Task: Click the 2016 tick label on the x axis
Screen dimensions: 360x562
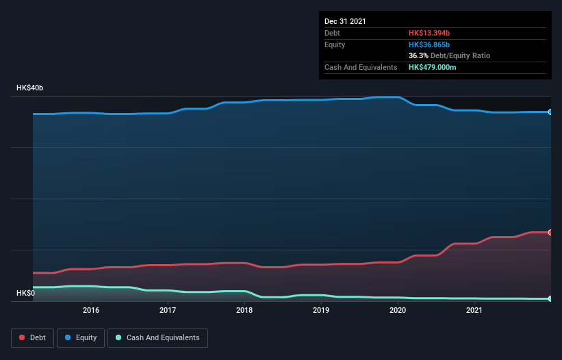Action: pyautogui.click(x=91, y=311)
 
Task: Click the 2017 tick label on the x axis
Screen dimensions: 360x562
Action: pyautogui.click(x=168, y=311)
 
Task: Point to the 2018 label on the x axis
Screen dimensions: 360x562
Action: pyautogui.click(x=245, y=311)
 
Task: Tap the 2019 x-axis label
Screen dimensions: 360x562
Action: pyautogui.click(x=322, y=311)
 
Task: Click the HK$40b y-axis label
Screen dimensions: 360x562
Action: pyautogui.click(x=30, y=88)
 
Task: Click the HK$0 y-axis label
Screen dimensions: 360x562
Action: pyautogui.click(x=26, y=293)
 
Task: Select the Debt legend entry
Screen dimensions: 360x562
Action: pyautogui.click(x=31, y=337)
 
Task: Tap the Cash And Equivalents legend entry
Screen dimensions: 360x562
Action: pyautogui.click(x=157, y=337)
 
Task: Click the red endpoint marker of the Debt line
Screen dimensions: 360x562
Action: pyautogui.click(x=550, y=233)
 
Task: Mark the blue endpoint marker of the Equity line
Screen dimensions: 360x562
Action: pyautogui.click(x=550, y=112)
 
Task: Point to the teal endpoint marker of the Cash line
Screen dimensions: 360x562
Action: pyautogui.click(x=550, y=298)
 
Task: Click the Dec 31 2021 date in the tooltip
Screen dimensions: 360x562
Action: pyautogui.click(x=345, y=21)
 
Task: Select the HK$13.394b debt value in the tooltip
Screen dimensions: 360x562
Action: pyautogui.click(x=430, y=33)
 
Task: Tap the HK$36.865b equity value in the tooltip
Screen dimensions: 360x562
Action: pyautogui.click(x=430, y=44)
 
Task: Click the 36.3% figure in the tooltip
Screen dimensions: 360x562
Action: pyautogui.click(x=418, y=55)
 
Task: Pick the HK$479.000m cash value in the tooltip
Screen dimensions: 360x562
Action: pyautogui.click(x=433, y=67)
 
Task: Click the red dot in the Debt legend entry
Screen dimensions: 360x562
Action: pyautogui.click(x=23, y=337)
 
